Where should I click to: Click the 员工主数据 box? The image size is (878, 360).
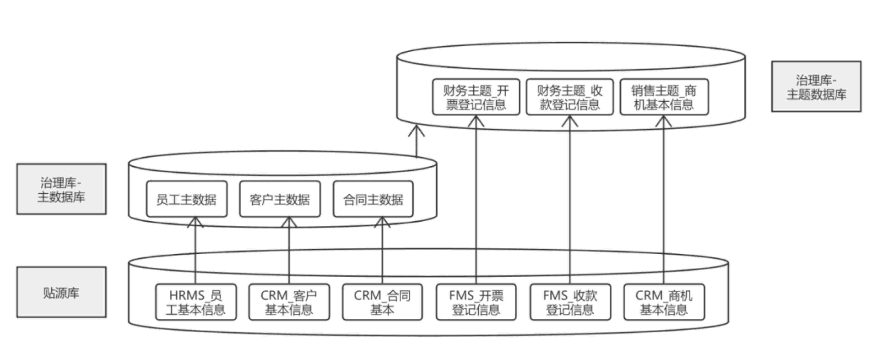[186, 199]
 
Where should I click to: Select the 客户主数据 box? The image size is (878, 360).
[280, 199]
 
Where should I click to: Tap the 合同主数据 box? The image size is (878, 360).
[373, 199]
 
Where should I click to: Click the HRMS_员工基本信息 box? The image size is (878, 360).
[196, 302]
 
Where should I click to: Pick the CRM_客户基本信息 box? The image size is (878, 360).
[289, 302]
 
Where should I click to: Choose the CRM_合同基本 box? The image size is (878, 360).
[382, 302]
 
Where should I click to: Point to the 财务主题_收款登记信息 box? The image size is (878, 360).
[570, 97]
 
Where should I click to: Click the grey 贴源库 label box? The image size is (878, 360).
[61, 292]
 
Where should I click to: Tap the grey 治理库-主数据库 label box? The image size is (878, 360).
[61, 189]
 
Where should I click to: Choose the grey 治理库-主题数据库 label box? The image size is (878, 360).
[816, 87]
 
